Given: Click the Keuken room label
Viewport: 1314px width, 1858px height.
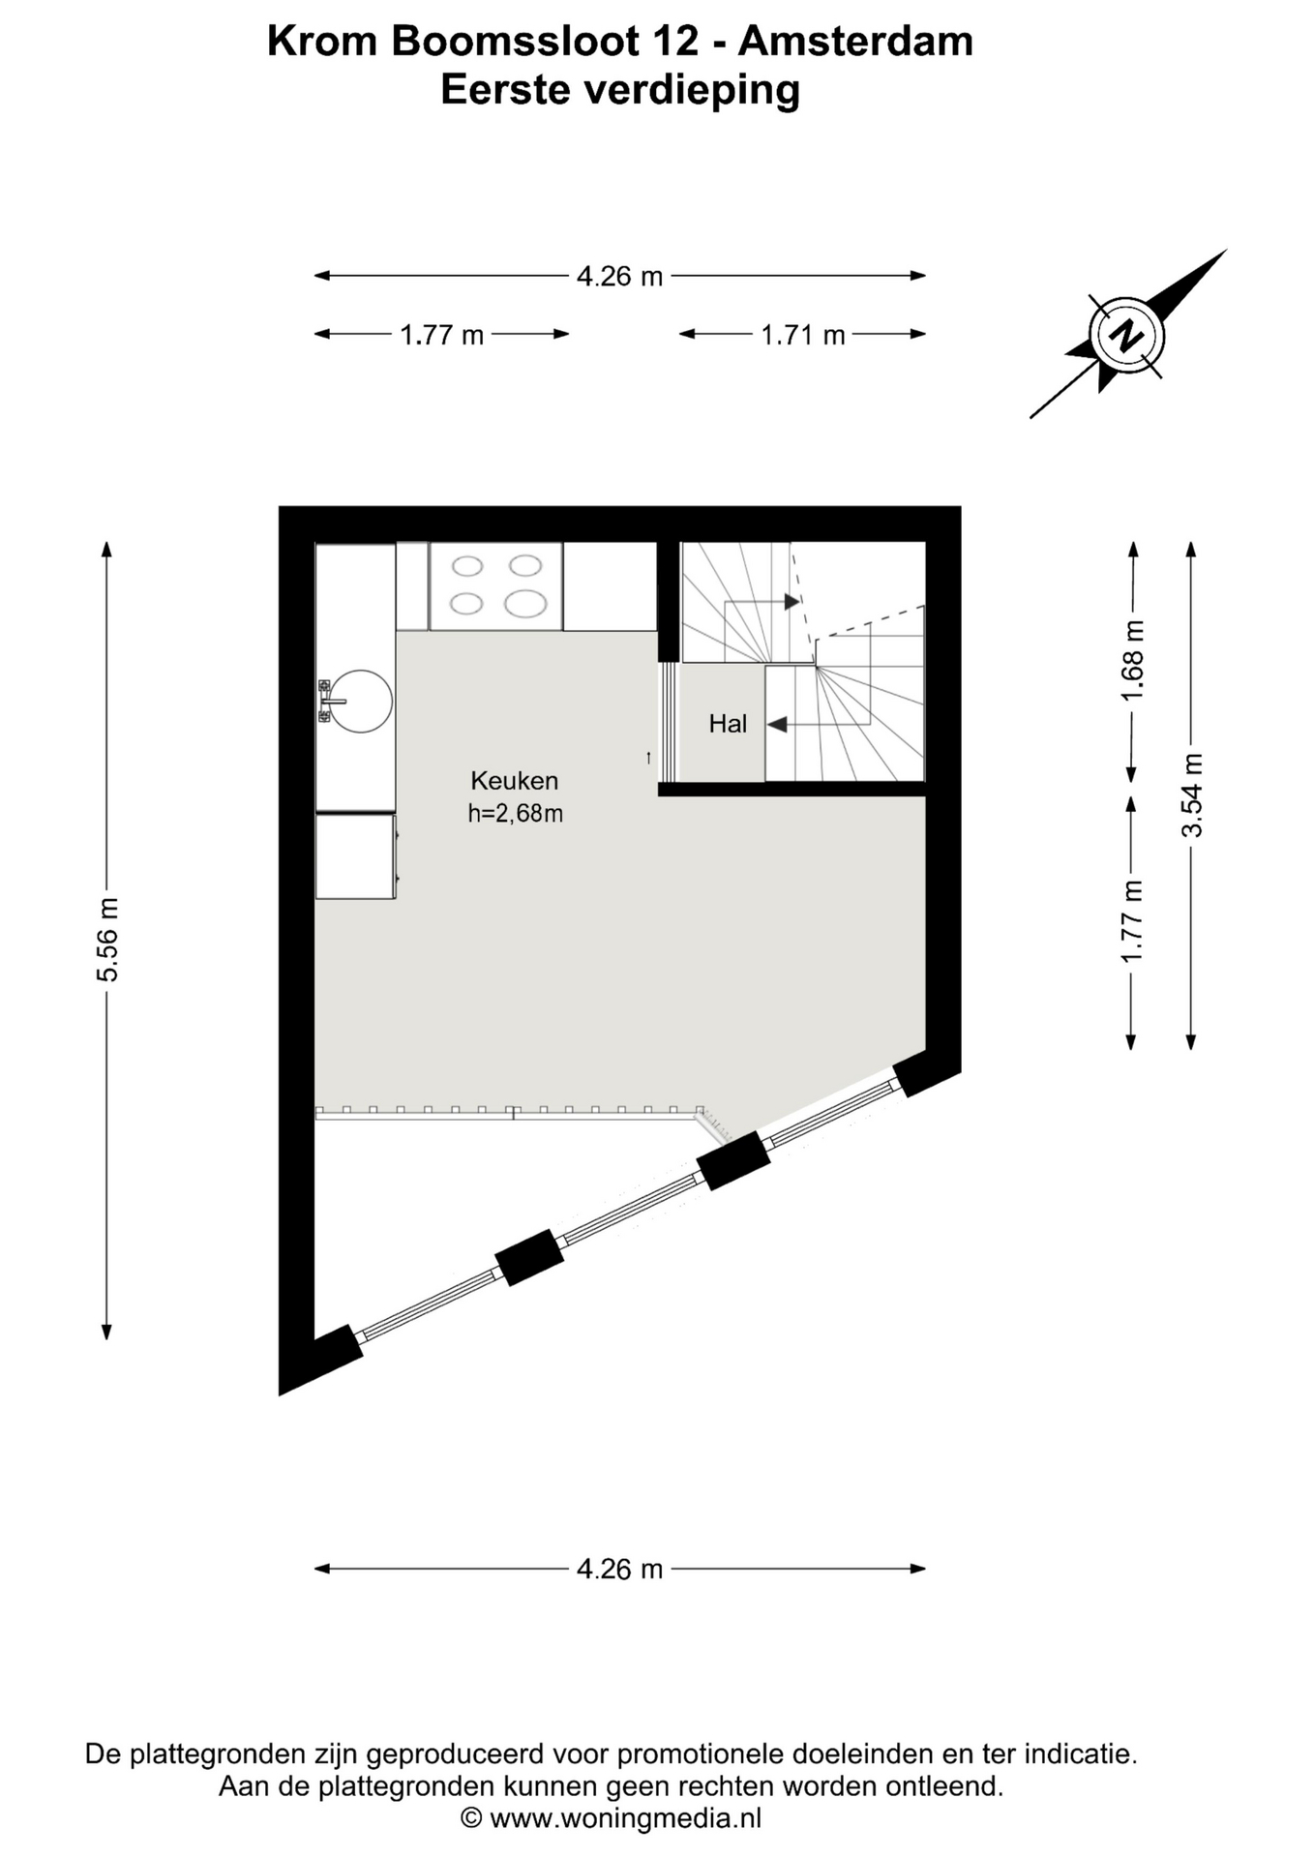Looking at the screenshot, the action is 514,780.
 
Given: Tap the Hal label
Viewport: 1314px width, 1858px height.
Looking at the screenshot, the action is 728,723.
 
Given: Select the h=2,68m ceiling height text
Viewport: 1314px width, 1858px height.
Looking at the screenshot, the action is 515,814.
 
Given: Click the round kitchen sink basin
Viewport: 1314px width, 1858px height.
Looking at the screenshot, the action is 362,702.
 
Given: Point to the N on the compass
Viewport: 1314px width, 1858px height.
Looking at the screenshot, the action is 1125,336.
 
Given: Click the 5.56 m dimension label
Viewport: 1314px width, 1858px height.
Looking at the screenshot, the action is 107,940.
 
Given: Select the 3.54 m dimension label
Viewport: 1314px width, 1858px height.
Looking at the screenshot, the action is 1192,794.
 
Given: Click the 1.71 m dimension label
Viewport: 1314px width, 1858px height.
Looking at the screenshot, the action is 803,335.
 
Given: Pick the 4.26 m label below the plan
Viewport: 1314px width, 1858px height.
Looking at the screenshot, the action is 619,1569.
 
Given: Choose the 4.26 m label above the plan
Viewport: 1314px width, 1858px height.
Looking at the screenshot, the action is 619,277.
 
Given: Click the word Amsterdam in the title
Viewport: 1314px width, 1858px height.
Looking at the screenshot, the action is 855,42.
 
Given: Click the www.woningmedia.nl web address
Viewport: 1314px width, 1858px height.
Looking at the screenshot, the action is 625,1818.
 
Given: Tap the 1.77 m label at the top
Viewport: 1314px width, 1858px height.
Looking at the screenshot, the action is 442,335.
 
